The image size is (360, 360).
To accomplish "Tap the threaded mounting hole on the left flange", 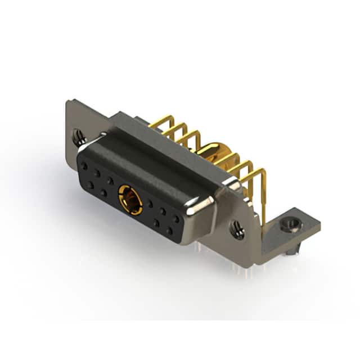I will click(78, 135).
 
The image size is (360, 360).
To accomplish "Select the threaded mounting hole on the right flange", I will click(237, 229).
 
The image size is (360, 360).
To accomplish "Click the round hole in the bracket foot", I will click(291, 225).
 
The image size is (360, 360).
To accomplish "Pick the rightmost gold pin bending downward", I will click(262, 186).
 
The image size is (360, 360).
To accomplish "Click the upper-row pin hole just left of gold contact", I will click(111, 181).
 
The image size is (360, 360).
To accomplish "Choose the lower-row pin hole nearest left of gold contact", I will click(104, 193).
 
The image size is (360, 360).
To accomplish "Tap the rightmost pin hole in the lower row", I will click(169, 231).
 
